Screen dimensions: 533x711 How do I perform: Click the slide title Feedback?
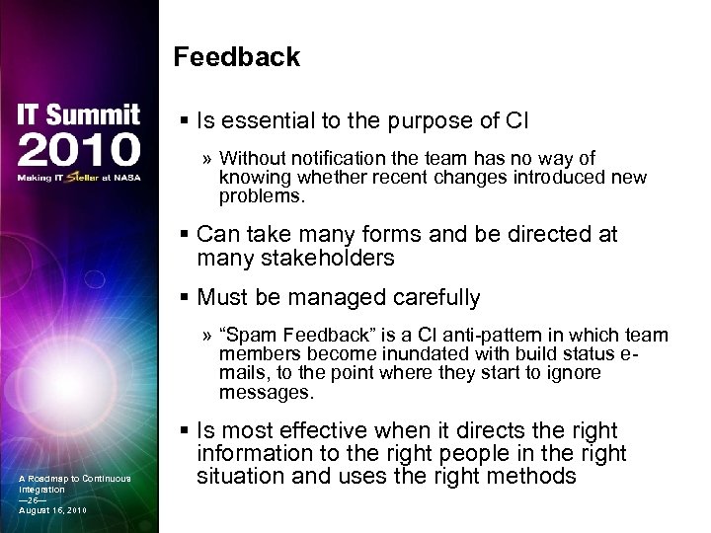pyautogui.click(x=236, y=57)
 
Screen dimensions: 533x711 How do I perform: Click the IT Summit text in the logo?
pyautogui.click(x=77, y=115)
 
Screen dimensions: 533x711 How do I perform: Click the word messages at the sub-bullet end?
pyautogui.click(x=266, y=392)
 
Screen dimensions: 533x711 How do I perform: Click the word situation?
pyautogui.click(x=237, y=476)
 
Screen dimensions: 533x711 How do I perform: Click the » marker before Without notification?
pyautogui.click(x=207, y=159)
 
